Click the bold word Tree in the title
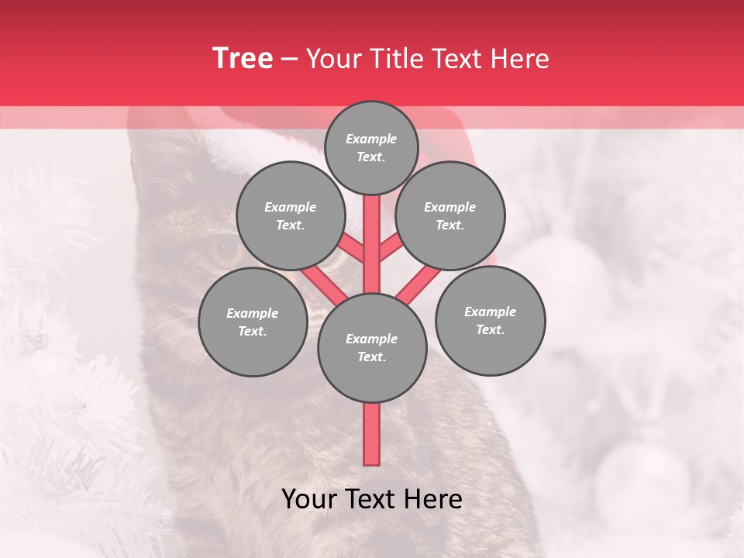click(243, 59)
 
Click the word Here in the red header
click(519, 59)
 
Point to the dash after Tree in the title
click(289, 60)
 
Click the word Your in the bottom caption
click(310, 500)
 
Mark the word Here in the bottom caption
click(435, 500)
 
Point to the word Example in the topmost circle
click(371, 139)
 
